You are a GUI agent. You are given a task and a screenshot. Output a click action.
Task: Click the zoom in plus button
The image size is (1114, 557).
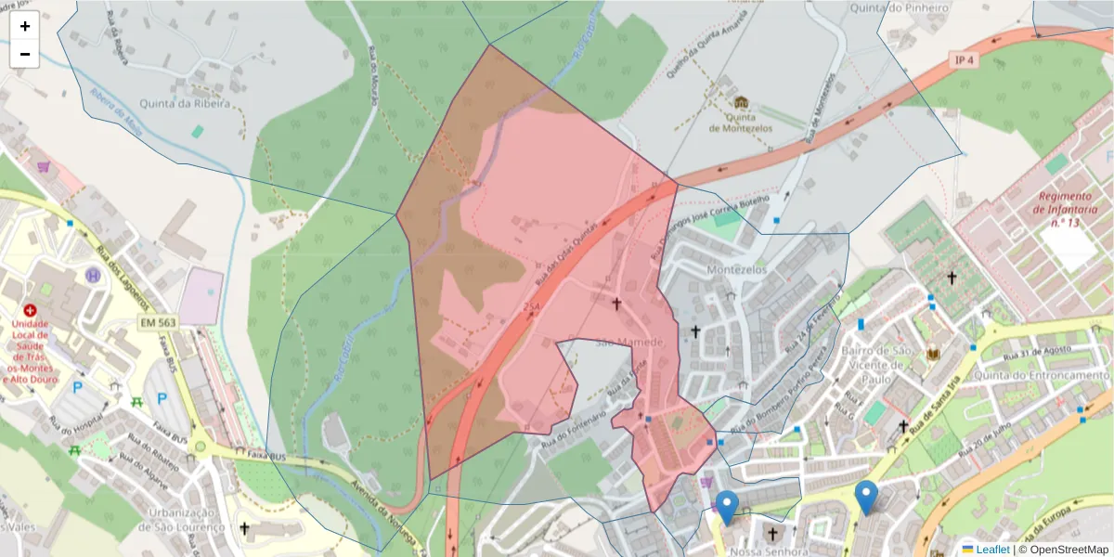25,26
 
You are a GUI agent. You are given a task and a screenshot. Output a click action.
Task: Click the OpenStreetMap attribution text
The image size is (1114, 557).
1063,549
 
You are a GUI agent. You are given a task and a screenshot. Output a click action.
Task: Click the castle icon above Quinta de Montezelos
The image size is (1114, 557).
741,102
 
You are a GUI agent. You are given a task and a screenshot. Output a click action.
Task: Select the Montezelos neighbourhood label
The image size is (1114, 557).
733,269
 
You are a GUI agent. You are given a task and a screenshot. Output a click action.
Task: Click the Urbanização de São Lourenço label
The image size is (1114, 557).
182,520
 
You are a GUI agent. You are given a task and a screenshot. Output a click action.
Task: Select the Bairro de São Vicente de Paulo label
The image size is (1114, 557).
875,365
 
